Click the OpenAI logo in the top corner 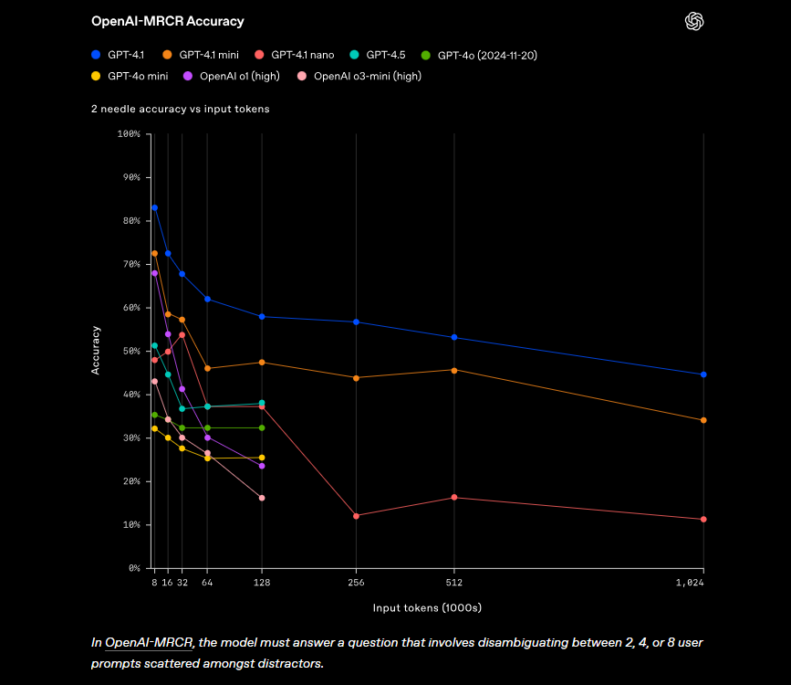point(695,21)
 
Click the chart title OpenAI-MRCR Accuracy point(167,21)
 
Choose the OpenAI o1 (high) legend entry point(233,76)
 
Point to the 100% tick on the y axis point(129,134)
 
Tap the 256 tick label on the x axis point(356,582)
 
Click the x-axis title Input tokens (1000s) point(427,607)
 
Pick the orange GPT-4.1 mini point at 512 point(454,370)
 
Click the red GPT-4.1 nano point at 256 point(356,516)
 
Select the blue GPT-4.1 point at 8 point(154,208)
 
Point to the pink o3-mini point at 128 point(262,498)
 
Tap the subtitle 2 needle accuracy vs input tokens point(180,109)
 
